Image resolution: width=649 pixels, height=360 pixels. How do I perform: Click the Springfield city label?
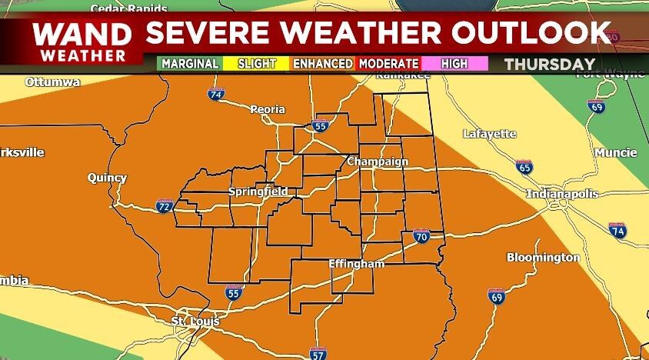click(x=258, y=191)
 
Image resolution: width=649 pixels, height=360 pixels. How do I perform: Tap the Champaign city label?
click(x=377, y=162)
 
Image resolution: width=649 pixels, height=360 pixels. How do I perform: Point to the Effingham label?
click(x=356, y=264)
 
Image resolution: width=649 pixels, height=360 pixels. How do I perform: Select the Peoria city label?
click(x=268, y=109)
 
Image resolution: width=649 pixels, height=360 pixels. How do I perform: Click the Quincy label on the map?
click(x=107, y=178)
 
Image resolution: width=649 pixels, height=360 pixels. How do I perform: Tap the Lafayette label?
click(x=489, y=134)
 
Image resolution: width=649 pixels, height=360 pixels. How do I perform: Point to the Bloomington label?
click(x=543, y=257)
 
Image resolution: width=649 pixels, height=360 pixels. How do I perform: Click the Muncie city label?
click(x=615, y=152)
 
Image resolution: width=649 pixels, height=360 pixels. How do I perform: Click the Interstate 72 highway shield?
click(x=163, y=205)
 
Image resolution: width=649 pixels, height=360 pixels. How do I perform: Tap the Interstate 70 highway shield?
click(x=421, y=237)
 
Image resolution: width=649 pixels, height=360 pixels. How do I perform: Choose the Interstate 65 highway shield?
click(x=524, y=167)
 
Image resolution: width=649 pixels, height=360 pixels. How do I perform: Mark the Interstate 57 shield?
click(x=318, y=354)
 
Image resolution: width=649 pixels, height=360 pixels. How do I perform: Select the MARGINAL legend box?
click(x=190, y=64)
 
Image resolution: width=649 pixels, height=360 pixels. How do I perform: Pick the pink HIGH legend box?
click(x=454, y=64)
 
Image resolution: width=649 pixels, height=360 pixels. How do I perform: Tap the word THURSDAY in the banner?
click(x=550, y=64)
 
